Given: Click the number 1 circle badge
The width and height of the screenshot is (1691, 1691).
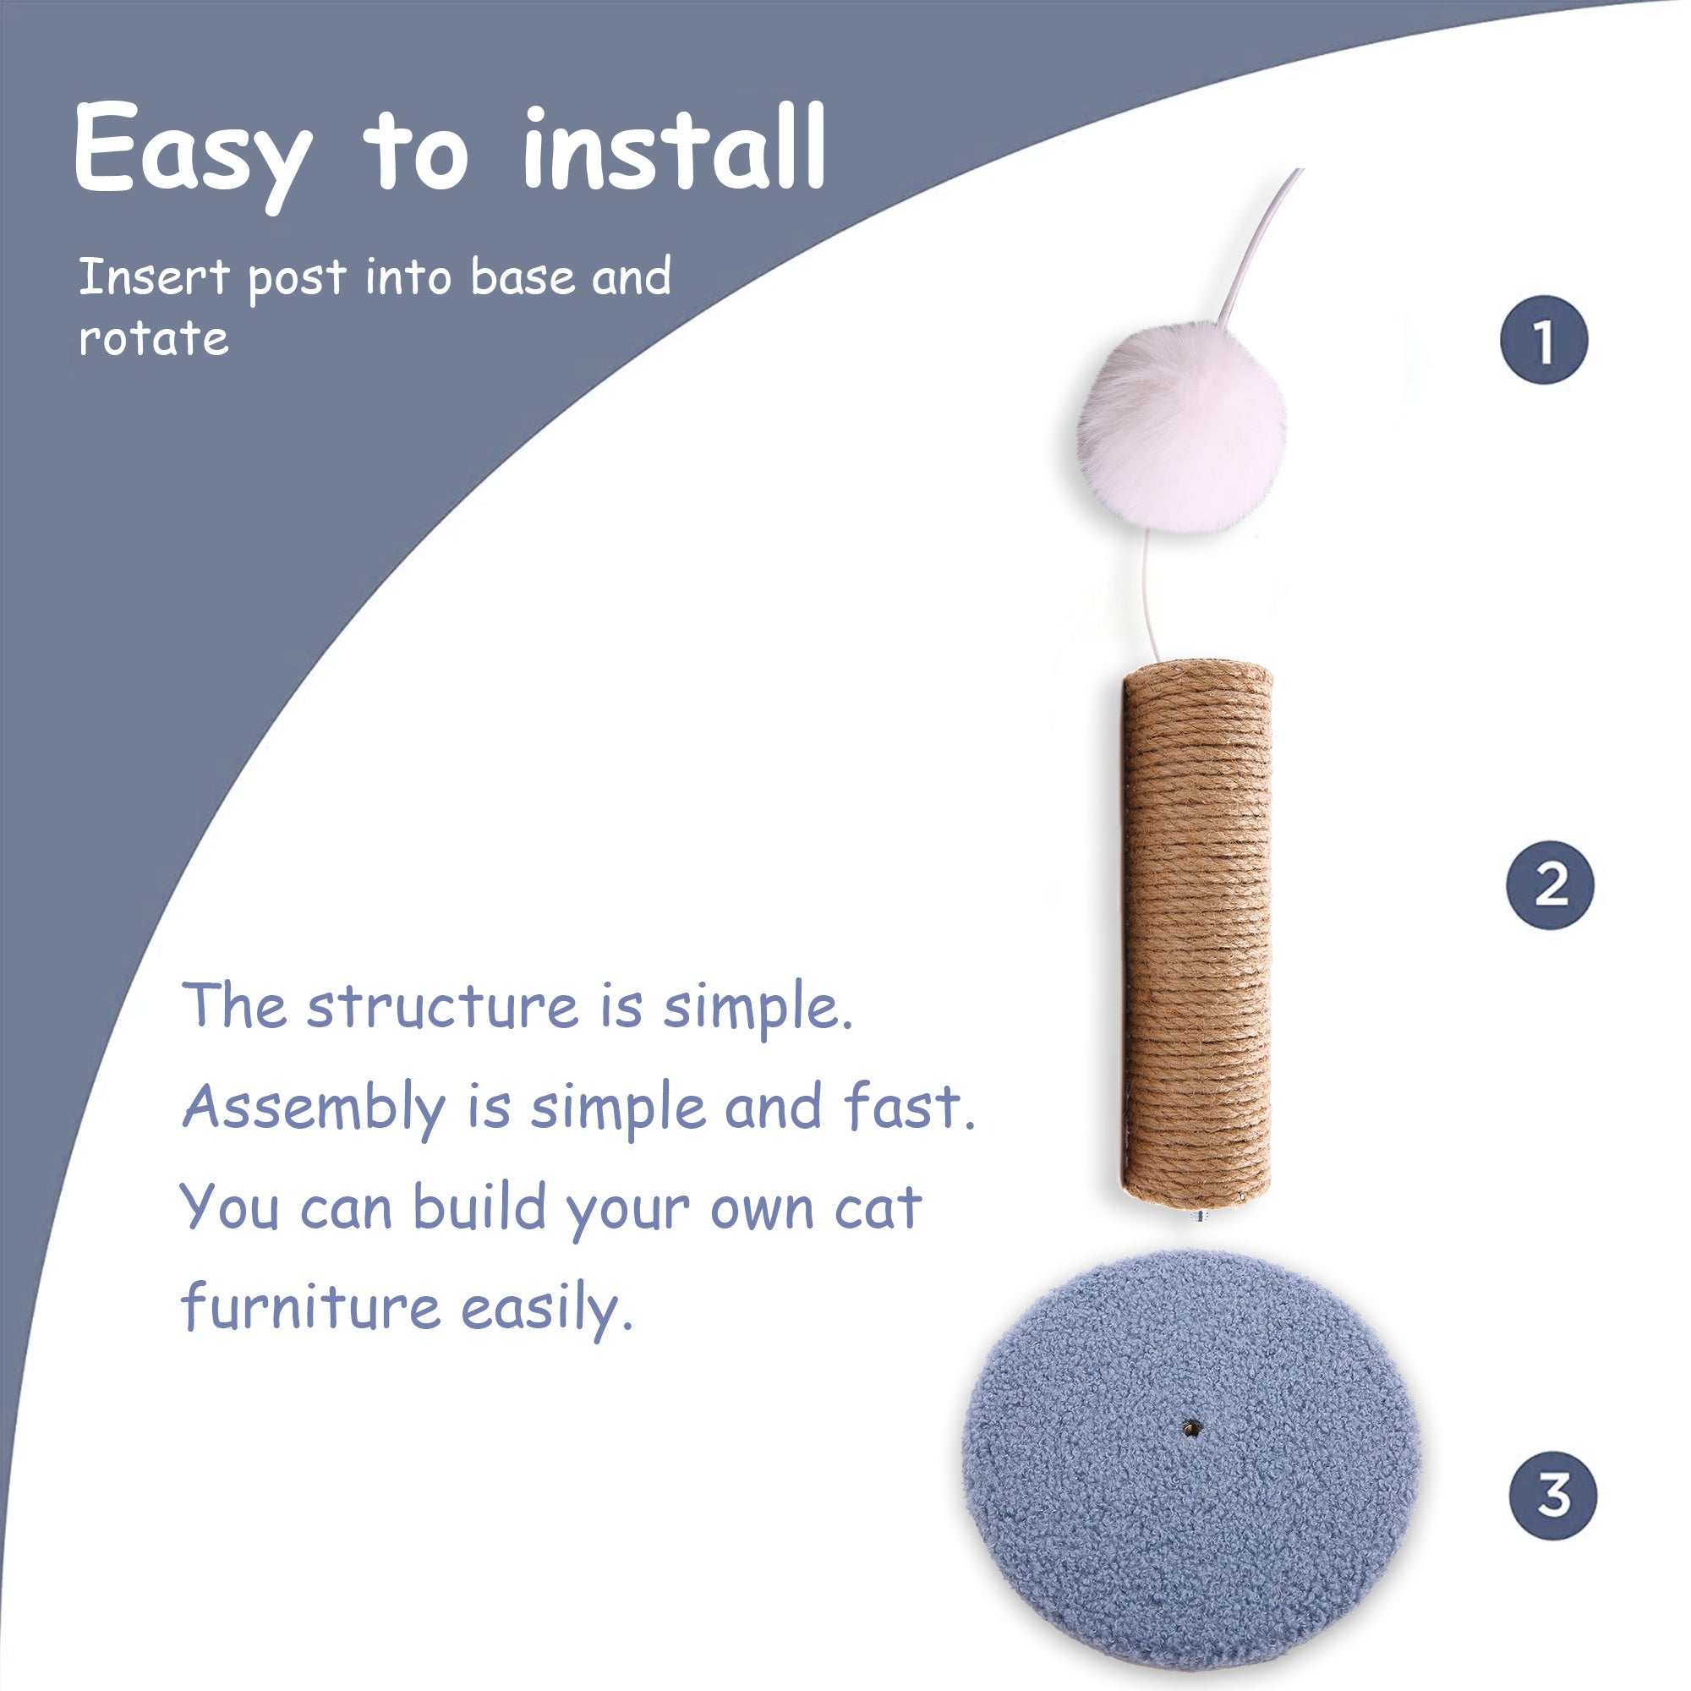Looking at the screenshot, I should coord(1543,340).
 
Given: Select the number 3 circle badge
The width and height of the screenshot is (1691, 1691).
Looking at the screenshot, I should coord(1552,1495).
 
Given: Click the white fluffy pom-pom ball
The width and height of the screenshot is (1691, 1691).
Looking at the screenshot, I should coord(1183,427).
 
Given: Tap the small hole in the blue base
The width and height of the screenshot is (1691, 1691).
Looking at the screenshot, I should coord(1190,1429).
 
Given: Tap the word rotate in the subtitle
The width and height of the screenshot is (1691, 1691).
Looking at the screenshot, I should coord(153,338).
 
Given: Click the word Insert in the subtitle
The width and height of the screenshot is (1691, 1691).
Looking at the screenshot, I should coord(154,277).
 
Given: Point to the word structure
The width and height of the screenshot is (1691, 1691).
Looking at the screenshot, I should coord(442,1006).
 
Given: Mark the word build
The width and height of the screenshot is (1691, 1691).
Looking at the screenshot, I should coord(479,1207).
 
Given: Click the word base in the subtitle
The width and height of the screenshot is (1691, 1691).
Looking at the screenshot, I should coord(523,277).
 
